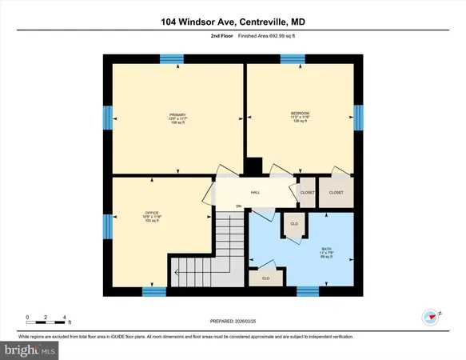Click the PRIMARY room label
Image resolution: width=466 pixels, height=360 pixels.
177,114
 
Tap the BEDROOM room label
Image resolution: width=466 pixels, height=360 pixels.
300,114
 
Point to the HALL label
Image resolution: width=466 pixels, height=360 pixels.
255,193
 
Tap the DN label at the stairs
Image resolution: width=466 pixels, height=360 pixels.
238,207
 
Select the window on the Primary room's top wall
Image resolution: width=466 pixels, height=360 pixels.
171,58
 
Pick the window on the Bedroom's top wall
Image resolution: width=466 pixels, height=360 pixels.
293,58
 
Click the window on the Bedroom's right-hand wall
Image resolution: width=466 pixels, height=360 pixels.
358,118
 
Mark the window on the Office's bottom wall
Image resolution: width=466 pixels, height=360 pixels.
153,292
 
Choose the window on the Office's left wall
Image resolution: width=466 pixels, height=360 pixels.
107,226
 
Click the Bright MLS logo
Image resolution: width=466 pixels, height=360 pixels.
30,350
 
